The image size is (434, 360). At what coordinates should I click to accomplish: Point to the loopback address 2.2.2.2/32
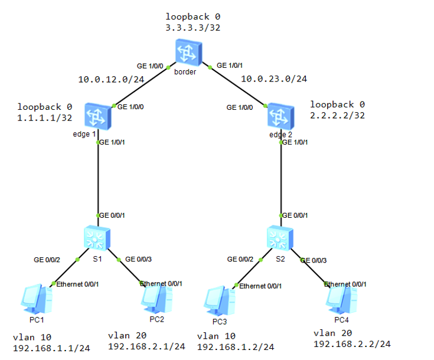coord(337,115)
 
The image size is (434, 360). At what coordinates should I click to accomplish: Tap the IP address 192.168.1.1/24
coord(51,348)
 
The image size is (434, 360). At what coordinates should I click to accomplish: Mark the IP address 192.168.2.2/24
coord(352,344)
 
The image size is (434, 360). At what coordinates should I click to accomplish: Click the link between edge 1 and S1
coord(97,177)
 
